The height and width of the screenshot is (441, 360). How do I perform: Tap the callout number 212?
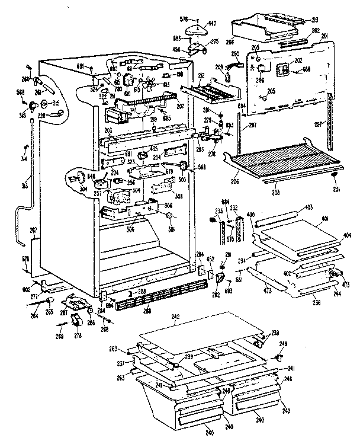click(201, 75)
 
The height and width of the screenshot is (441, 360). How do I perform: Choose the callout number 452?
click(210, 258)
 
